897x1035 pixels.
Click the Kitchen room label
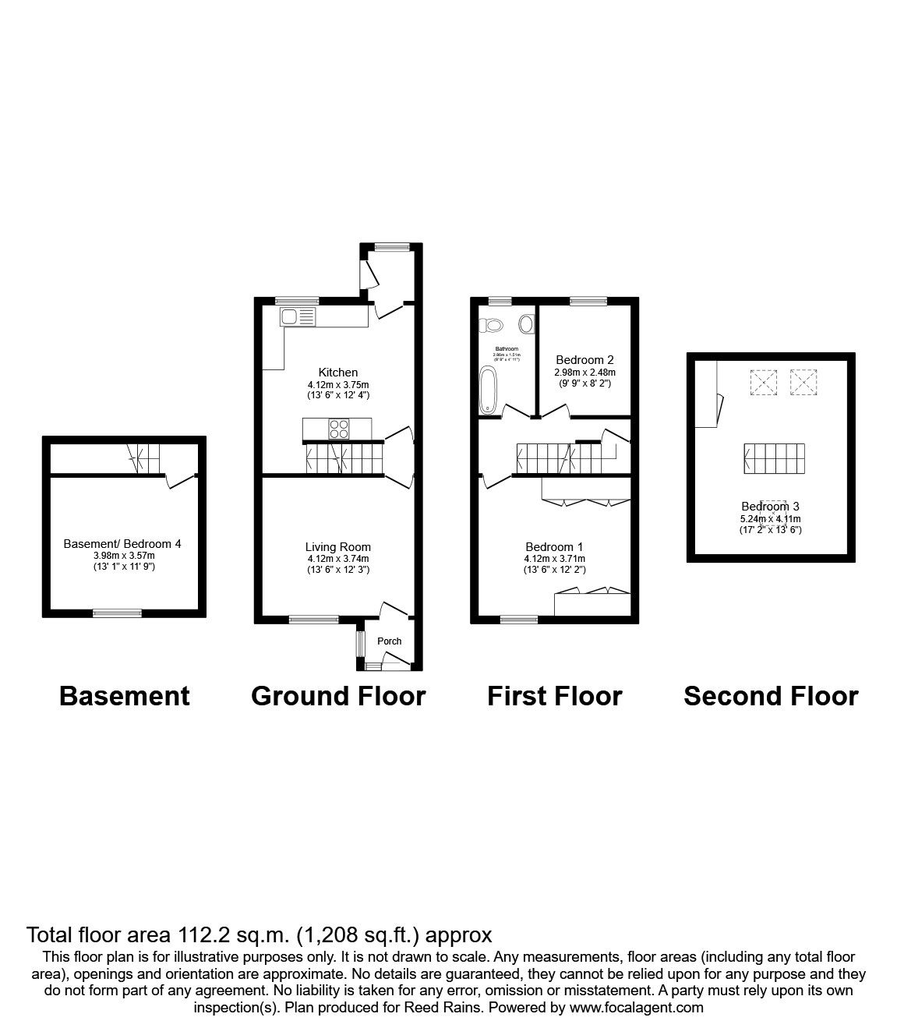337,373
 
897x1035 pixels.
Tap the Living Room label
337,547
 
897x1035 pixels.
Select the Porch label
389,641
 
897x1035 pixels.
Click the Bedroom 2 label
584,360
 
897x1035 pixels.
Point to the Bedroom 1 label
554,547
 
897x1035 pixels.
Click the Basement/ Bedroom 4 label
122,543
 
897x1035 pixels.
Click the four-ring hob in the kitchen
339,428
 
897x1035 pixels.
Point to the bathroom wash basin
526,323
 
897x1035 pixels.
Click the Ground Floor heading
338,696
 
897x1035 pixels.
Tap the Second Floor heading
771,696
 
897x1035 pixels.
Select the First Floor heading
554,696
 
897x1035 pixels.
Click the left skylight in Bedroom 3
763,381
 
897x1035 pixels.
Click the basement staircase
144,458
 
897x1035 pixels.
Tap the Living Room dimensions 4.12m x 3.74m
337,559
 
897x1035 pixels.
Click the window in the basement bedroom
118,613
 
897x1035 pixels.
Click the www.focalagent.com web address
636,1008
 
